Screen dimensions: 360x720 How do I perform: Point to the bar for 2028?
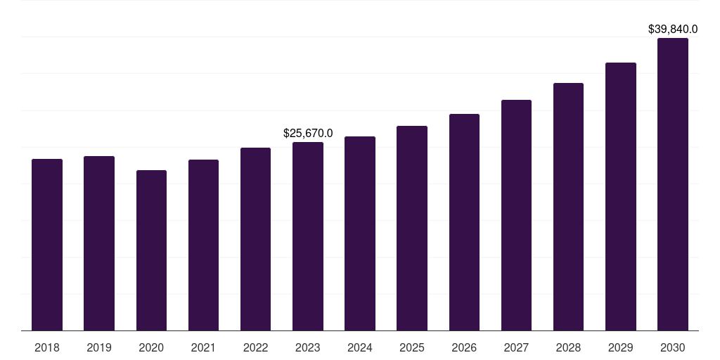tap(568, 207)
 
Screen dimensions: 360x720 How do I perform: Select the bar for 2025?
tap(412, 228)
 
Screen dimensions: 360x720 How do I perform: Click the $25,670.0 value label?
tap(308, 133)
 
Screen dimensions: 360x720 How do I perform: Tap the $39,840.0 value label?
tap(673, 29)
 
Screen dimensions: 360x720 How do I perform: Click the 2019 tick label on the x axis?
tap(99, 347)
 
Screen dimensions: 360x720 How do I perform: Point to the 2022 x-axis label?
tap(255, 347)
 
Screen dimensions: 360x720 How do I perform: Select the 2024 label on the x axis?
tap(360, 347)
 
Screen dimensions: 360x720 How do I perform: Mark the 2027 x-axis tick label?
tap(516, 347)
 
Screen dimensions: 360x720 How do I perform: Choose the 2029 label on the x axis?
tap(621, 347)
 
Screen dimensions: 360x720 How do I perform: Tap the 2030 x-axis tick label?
tap(673, 347)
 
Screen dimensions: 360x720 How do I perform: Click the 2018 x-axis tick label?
tap(47, 347)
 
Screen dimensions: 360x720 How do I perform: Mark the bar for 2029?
tap(621, 197)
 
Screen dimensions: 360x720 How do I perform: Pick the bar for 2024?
tap(360, 233)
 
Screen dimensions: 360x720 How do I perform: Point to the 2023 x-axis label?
tap(308, 347)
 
